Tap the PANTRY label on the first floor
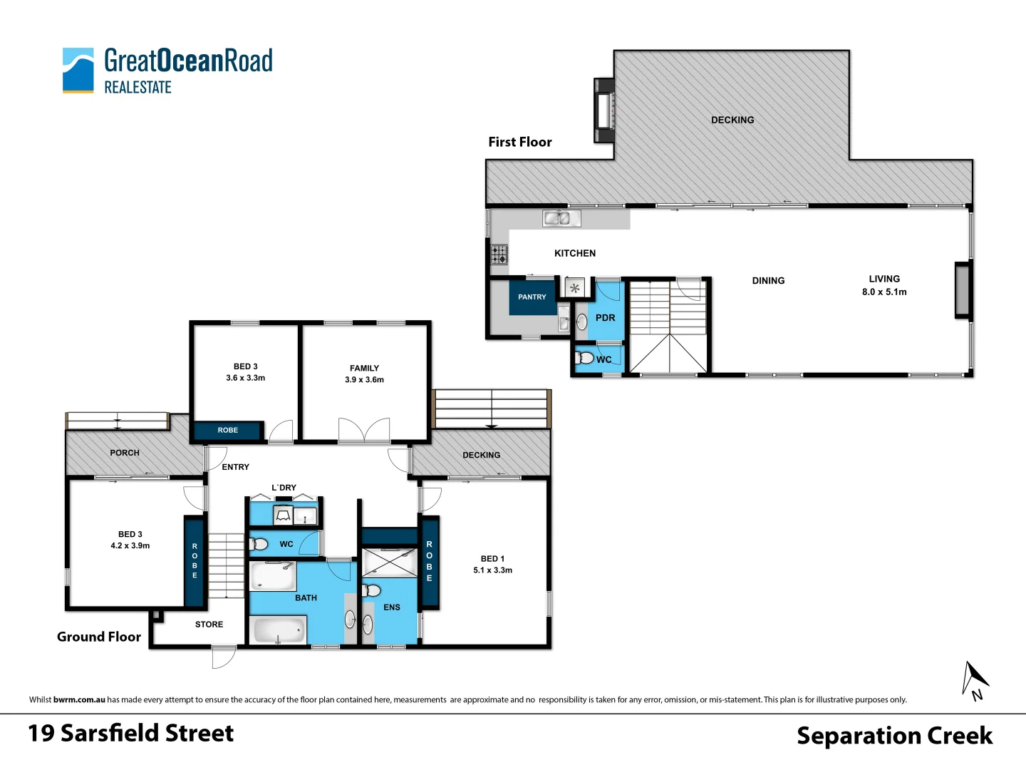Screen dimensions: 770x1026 (x=532, y=297)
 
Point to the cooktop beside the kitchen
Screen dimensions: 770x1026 (x=499, y=254)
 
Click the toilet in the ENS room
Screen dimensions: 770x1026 (x=371, y=590)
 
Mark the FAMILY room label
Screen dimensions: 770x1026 (x=364, y=369)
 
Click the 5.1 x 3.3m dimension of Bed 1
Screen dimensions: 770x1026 (x=492, y=570)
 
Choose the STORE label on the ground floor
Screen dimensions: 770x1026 (x=209, y=625)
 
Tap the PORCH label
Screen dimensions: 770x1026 (x=125, y=453)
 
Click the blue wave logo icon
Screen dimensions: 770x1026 (x=78, y=70)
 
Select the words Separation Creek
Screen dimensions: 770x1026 (x=894, y=735)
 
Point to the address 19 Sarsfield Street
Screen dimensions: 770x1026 (x=130, y=733)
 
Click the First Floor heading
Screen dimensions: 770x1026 (x=520, y=142)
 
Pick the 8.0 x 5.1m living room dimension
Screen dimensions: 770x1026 (x=884, y=292)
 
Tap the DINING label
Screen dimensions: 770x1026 (x=768, y=281)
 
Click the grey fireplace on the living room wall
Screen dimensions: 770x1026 (x=963, y=289)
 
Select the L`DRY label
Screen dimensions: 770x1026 (x=284, y=488)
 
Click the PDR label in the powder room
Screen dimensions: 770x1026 (x=605, y=318)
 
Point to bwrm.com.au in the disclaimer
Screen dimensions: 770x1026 (x=79, y=699)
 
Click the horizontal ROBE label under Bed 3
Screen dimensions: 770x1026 (x=228, y=430)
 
